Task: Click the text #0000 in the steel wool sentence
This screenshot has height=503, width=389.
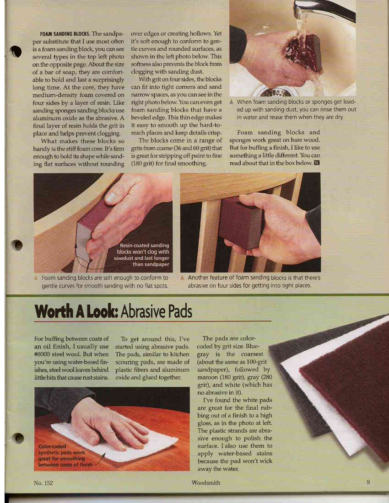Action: (44, 354)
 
